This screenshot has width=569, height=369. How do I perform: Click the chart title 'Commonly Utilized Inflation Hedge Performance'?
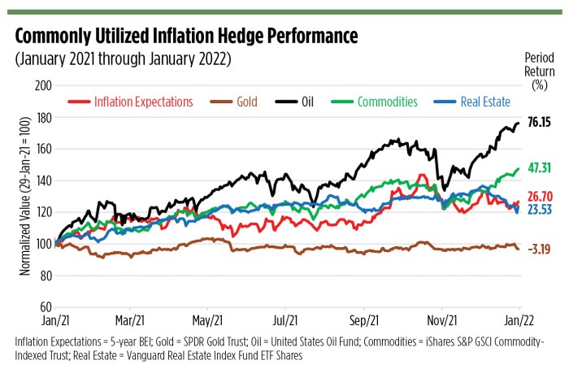[x=186, y=37]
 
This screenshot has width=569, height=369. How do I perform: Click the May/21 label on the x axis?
[x=207, y=320]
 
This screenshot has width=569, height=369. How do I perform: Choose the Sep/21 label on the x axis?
[x=363, y=320]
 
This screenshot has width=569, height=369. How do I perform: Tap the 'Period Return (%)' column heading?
[x=539, y=70]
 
